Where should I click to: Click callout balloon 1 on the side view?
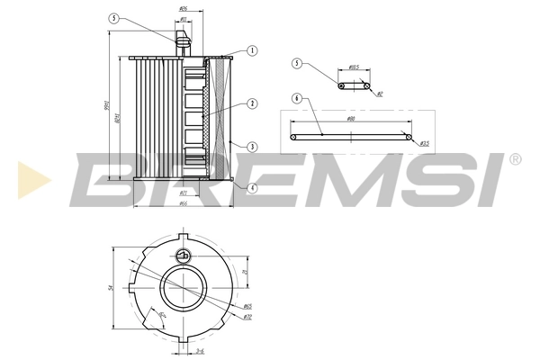point(253,51)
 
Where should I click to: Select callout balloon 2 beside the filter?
point(253,104)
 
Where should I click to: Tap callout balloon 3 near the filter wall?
point(253,147)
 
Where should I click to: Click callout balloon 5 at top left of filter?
point(113,18)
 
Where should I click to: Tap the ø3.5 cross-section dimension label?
point(424,143)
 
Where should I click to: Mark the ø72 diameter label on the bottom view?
point(247,318)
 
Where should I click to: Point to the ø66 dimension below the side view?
point(183,203)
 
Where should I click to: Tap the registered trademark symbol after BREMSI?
point(514,160)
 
